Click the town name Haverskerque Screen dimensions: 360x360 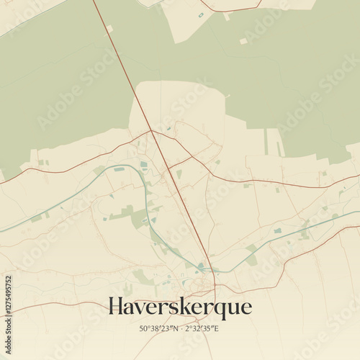180,307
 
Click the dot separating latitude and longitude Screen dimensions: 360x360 180,329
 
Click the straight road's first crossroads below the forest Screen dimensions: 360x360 151,132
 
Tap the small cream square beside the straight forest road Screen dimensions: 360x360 109,28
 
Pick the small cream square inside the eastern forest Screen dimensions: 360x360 243,41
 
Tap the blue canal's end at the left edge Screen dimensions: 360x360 1,231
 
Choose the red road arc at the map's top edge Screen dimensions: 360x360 230,9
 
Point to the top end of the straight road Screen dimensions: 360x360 94,1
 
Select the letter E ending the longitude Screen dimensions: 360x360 217,329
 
